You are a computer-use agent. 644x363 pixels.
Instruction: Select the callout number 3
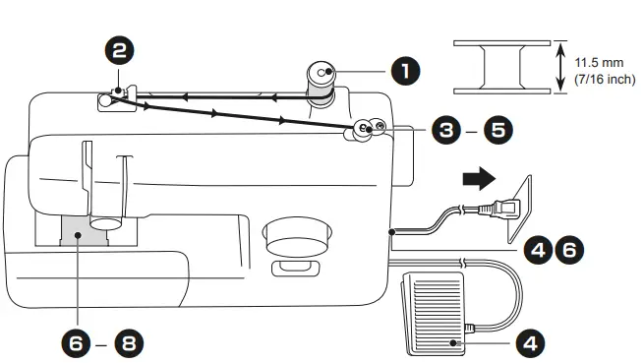tap(446, 128)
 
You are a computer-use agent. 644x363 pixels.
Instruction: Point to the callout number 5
tap(498, 128)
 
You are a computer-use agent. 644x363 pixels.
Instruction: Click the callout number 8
tap(128, 343)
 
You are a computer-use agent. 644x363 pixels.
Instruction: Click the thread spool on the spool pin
tap(321, 82)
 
